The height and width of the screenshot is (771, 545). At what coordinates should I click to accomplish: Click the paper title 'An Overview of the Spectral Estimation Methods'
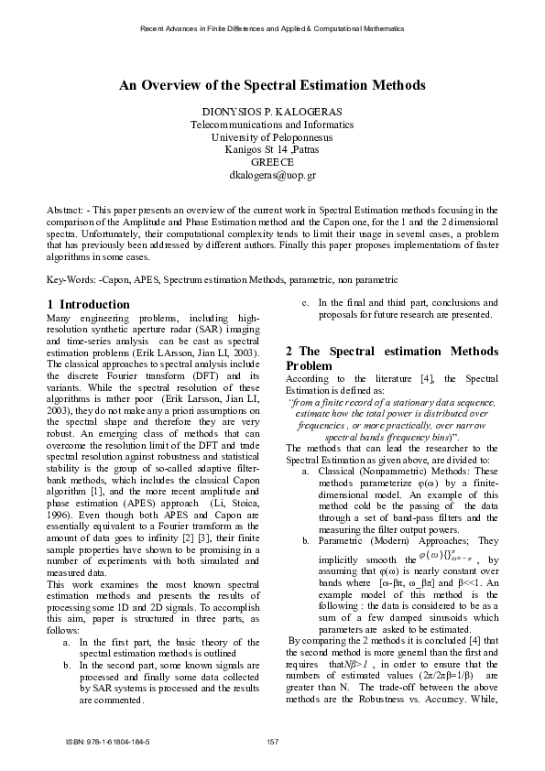click(x=272, y=84)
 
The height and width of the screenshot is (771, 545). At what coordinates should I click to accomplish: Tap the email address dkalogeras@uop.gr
click(x=272, y=173)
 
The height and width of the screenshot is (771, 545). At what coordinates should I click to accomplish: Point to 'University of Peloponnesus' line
click(x=272, y=136)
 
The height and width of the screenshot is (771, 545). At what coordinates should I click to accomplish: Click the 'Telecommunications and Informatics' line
click(x=272, y=124)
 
